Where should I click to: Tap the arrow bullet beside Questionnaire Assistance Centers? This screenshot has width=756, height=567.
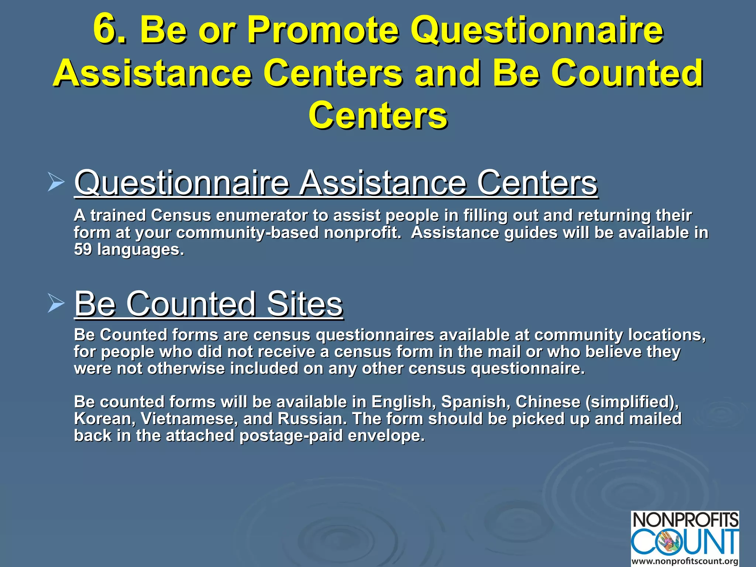click(x=56, y=183)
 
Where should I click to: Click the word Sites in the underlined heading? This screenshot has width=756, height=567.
click(x=305, y=304)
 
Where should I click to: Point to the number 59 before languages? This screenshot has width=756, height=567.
click(x=83, y=250)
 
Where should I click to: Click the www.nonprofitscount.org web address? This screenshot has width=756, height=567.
click(x=685, y=561)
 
